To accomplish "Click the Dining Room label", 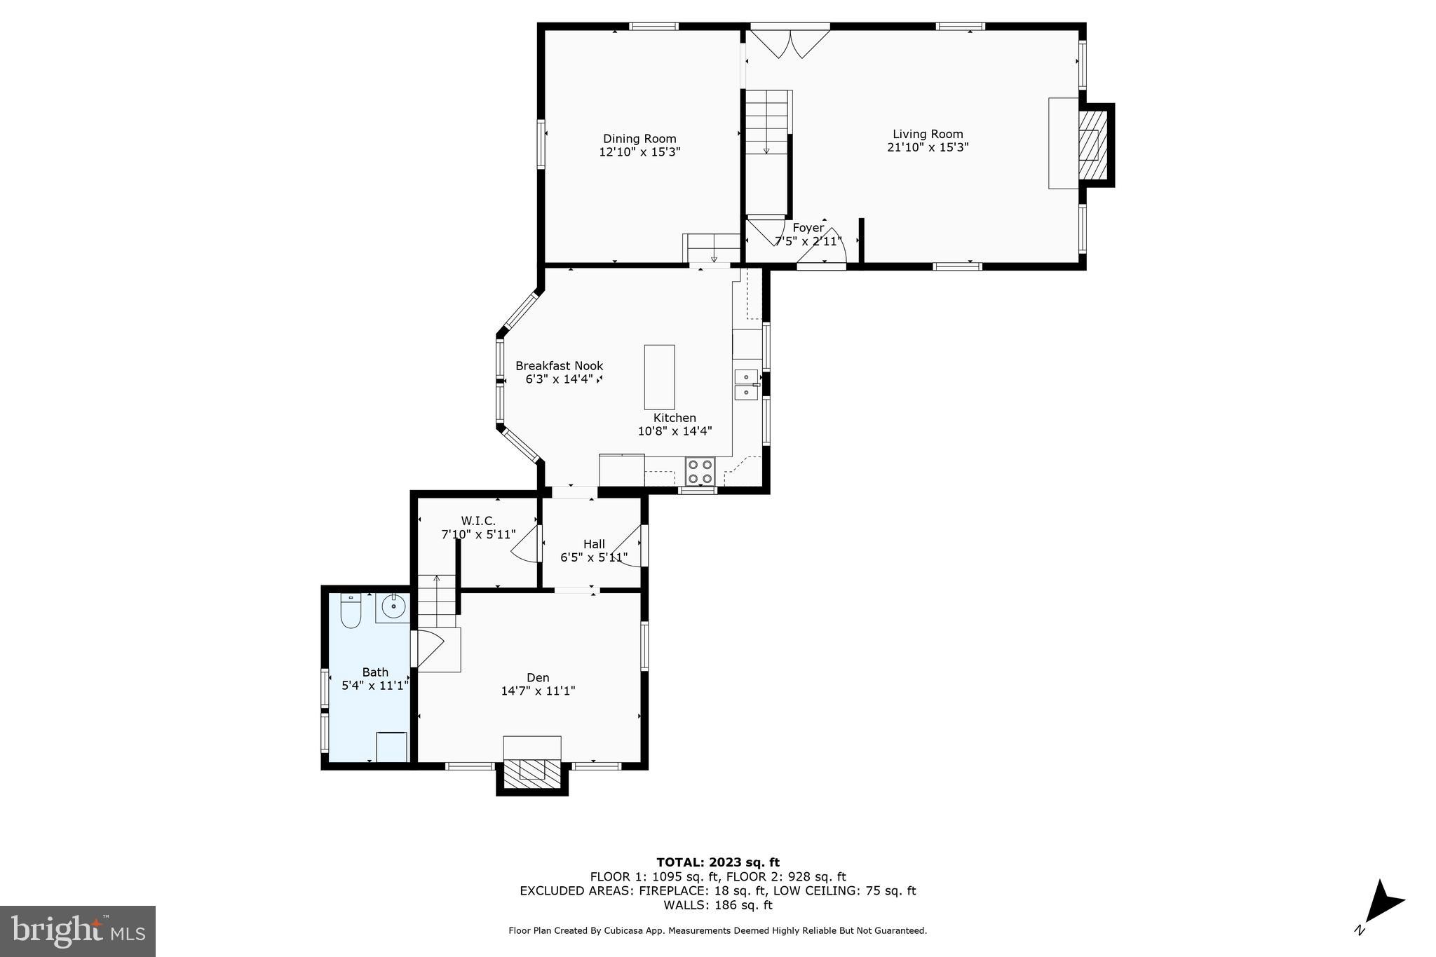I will (639, 139).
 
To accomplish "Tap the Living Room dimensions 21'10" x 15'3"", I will (928, 147).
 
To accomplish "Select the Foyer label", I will (808, 228).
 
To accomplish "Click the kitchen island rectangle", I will (659, 377).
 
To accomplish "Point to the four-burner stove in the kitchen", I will (700, 470).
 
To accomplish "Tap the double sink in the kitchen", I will (746, 384).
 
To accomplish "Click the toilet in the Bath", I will (350, 611).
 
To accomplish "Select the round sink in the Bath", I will (394, 606).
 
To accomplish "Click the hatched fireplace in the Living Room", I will (1090, 145).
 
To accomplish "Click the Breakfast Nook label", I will (559, 366).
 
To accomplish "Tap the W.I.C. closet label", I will (478, 521).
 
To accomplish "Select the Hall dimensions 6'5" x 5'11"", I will (594, 557).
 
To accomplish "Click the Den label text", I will (538, 677).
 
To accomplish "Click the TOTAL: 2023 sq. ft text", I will (717, 862).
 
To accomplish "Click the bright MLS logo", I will (78, 931).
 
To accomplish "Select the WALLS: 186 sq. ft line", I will (717, 905).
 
